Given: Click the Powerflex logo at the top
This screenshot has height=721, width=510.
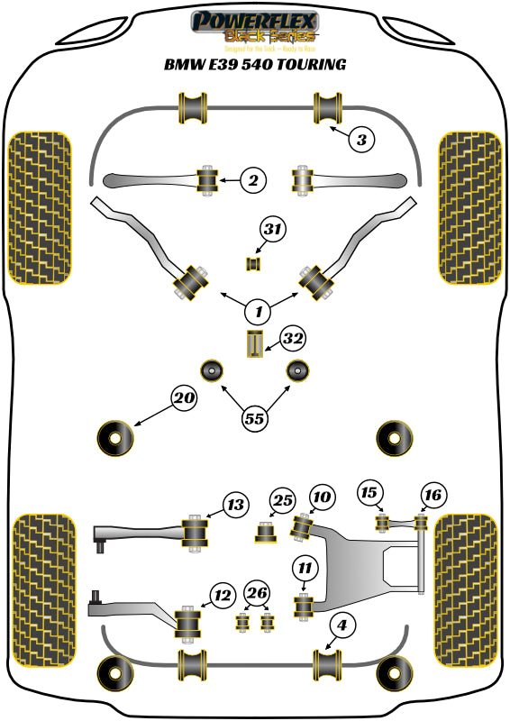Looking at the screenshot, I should pos(254,27).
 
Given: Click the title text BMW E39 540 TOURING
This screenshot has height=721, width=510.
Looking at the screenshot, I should pos(254,65).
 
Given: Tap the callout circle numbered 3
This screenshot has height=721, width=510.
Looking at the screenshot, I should pos(360,140).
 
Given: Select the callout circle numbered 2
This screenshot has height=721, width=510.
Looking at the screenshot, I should pos(254,181).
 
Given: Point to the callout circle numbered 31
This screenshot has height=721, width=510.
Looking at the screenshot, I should pos(273,231).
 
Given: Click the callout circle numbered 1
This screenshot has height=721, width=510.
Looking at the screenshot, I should pos(259,312).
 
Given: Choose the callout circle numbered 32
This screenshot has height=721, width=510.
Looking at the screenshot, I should pos(292,339).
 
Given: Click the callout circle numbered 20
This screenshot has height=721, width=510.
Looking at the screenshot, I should pos(185,398).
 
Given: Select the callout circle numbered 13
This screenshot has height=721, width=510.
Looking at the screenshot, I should pos(235,506).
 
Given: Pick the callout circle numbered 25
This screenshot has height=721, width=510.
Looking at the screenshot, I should pos(283,500).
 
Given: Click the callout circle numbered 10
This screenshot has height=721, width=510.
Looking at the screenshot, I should pos(322,497).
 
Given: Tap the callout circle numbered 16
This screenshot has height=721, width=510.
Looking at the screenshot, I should pos(433,494).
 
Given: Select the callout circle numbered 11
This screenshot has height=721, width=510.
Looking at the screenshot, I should pos(305,568).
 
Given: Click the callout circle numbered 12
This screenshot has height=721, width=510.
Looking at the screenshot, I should pos(223,595).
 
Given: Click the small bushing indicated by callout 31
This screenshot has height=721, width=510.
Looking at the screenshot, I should pos(253,263).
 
